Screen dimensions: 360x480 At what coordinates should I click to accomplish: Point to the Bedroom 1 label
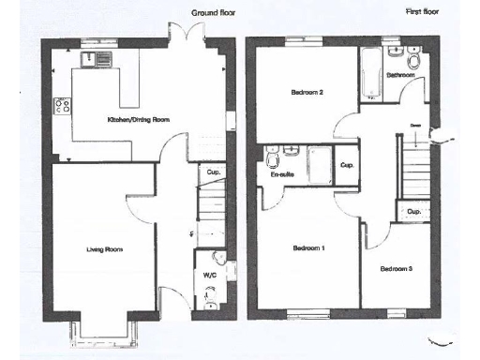pyautogui.click(x=308, y=248)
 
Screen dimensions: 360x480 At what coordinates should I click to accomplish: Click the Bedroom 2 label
pyautogui.click(x=307, y=93)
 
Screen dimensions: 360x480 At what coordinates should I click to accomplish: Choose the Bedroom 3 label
pyautogui.click(x=397, y=269)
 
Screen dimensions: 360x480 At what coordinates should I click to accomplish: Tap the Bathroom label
pyautogui.click(x=400, y=73)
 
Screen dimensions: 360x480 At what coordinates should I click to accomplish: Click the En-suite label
pyautogui.click(x=281, y=174)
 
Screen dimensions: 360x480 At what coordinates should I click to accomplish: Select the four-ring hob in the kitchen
pyautogui.click(x=62, y=105)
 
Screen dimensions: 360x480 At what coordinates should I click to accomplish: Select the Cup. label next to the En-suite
pyautogui.click(x=347, y=166)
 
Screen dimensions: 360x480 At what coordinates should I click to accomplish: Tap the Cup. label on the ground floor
pyautogui.click(x=214, y=173)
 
